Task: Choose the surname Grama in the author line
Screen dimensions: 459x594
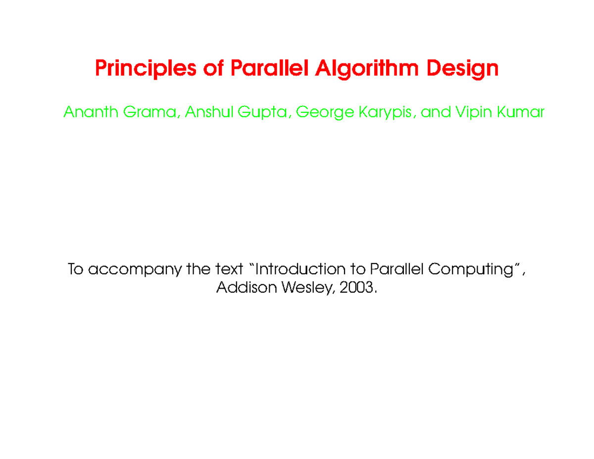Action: tap(151, 112)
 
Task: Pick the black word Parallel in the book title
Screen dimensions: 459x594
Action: tap(396, 270)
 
